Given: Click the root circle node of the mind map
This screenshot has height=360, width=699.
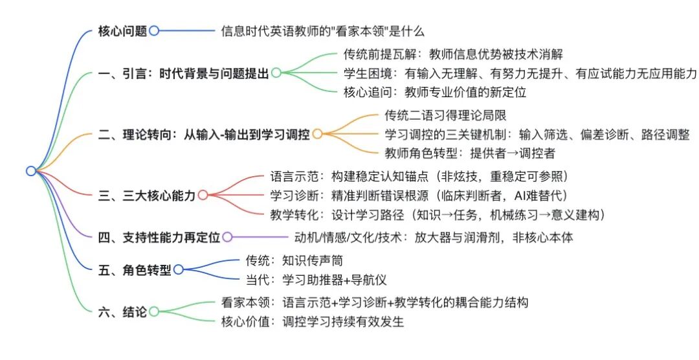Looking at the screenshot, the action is coord(31,171).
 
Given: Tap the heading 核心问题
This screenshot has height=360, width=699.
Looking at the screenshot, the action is coord(122,31).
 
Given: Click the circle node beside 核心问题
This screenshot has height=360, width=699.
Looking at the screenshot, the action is coord(154,31).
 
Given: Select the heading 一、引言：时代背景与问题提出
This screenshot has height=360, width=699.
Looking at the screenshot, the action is coord(184,73).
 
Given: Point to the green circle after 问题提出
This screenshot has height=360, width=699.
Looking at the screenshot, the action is coord(276,73).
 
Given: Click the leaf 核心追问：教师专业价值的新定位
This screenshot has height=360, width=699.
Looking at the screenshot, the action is coord(435,93).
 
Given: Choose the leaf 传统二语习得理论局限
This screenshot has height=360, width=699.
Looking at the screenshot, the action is coord(445,115).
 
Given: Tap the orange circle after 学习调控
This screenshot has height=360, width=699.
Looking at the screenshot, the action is coord(317,134).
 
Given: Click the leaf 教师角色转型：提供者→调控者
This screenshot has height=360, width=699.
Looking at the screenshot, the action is coord(470,153).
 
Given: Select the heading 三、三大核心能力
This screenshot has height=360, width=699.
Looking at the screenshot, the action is coord(147,196).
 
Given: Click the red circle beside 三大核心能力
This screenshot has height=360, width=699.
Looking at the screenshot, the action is coord(203,195).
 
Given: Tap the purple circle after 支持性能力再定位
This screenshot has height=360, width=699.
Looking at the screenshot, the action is coord(227,237).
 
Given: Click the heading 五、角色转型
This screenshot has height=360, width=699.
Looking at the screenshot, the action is coord(135,270).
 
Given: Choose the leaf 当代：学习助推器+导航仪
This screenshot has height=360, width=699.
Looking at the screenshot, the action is coord(316,280).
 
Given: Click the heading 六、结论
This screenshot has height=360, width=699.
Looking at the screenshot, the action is coord(122,312).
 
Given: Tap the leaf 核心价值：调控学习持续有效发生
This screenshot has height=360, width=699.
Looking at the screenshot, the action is coord(313,322).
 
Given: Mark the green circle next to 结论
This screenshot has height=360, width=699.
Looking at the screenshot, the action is coord(154,311).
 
